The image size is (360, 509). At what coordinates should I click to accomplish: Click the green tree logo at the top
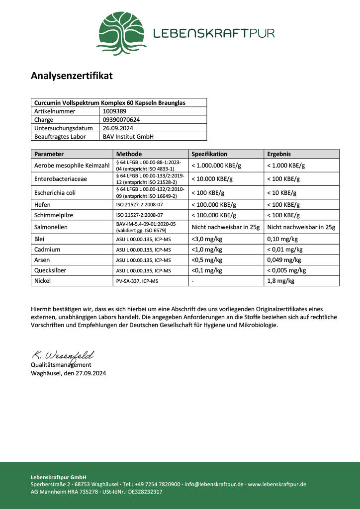coord(122,33)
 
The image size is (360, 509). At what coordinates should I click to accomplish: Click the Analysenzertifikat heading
coord(72,76)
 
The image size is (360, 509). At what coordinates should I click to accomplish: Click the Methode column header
coord(129,154)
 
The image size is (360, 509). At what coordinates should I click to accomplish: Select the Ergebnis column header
coord(279,154)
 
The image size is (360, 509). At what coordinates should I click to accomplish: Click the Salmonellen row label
coord(51,227)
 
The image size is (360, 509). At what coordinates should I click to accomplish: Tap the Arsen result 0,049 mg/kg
coord(284,260)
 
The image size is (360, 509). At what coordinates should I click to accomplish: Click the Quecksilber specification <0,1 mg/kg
coord(207,270)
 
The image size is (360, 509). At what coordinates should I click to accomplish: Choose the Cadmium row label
coord(47,250)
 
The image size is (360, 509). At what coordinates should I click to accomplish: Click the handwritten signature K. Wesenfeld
coord(62,355)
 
